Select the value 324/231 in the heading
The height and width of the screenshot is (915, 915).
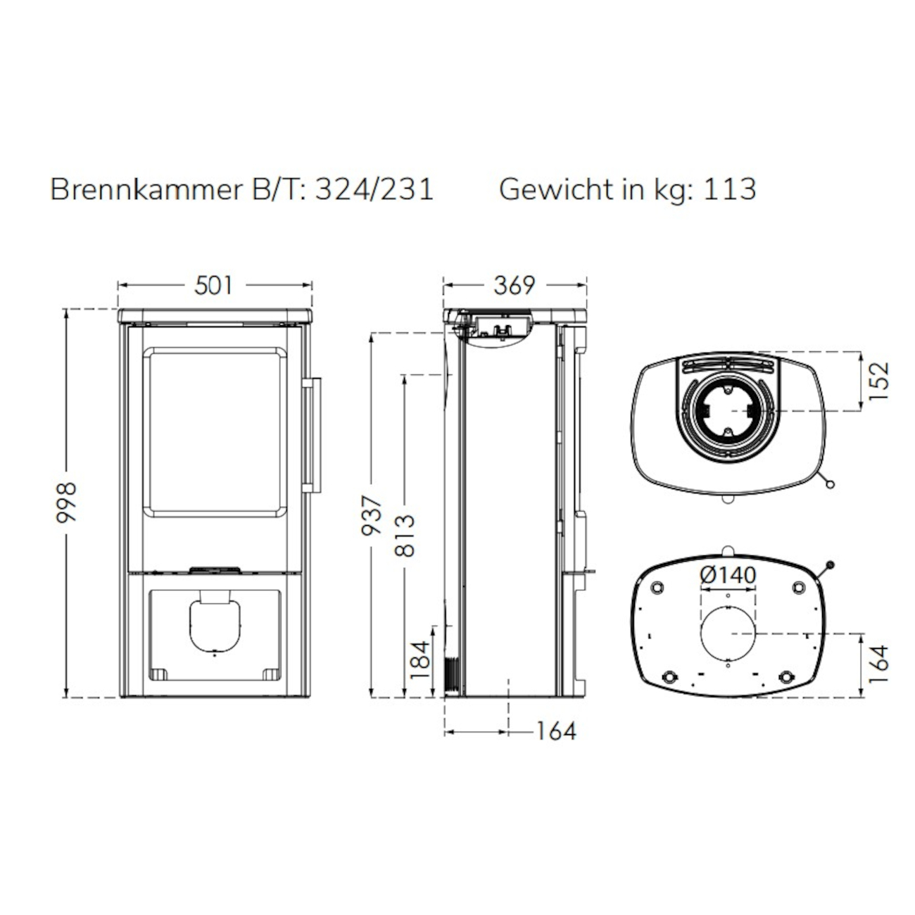tap(374, 189)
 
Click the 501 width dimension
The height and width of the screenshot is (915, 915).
tap(214, 285)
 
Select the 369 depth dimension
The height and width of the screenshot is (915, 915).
tap(515, 285)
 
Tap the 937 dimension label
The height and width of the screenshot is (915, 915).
tap(372, 515)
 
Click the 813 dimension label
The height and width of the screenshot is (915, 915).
tap(405, 536)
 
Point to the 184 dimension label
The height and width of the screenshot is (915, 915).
tap(419, 660)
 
